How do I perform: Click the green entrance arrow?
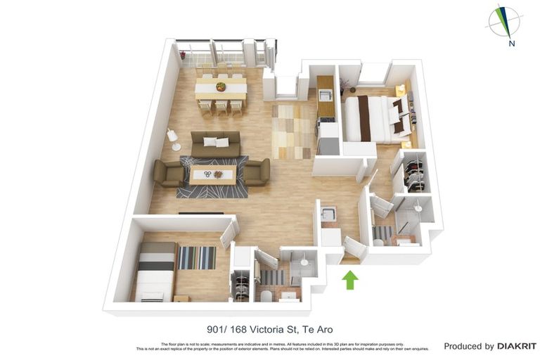pos(350,280)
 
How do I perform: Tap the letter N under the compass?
pos(513,44)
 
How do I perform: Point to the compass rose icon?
pos(503,20)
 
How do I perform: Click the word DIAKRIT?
pos(517,346)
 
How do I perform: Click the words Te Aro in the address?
pos(317,329)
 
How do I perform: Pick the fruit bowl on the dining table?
pos(221,87)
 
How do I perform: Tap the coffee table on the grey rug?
pos(212,174)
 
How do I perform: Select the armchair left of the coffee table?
pos(169,173)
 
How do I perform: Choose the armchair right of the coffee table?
pos(256,172)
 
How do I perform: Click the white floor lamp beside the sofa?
pos(172,139)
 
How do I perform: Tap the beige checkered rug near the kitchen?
pos(292,131)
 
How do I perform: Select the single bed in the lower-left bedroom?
pos(156,271)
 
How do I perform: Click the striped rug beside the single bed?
pos(196,258)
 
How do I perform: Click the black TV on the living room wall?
pos(201,212)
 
